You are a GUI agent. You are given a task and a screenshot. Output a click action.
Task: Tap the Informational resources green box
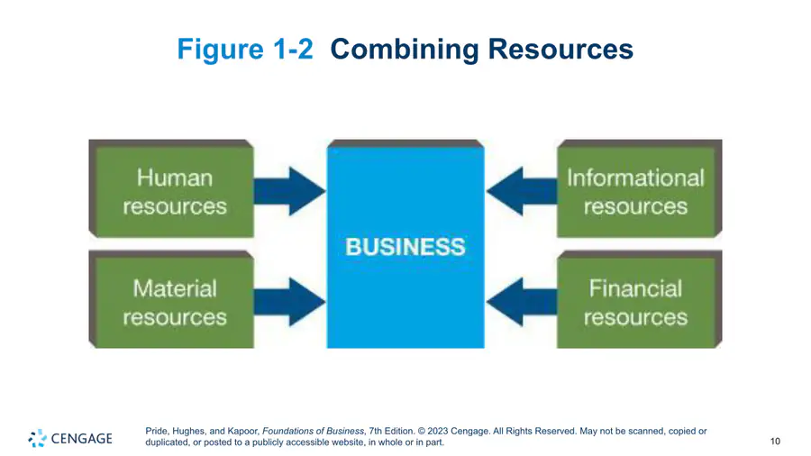[637, 190]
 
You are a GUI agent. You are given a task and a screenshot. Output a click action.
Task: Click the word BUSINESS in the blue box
[405, 246]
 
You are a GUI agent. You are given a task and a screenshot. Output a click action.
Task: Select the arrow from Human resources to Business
[289, 190]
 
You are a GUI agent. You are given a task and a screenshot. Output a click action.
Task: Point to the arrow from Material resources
[289, 301]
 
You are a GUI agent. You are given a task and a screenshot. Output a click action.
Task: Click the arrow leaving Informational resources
[522, 190]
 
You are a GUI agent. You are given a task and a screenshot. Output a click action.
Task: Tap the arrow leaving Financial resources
[522, 301]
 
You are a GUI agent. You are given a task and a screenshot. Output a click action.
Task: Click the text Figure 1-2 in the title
[245, 49]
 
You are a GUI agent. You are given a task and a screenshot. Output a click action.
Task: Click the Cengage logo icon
[37, 438]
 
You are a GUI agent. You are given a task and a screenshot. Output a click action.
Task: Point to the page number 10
[775, 441]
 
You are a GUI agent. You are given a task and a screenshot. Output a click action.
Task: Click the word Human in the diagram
[175, 178]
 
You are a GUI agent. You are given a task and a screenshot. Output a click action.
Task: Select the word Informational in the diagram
[635, 178]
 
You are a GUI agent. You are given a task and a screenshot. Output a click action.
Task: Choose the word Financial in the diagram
[635, 288]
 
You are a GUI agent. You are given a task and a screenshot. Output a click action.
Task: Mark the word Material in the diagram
[175, 288]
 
